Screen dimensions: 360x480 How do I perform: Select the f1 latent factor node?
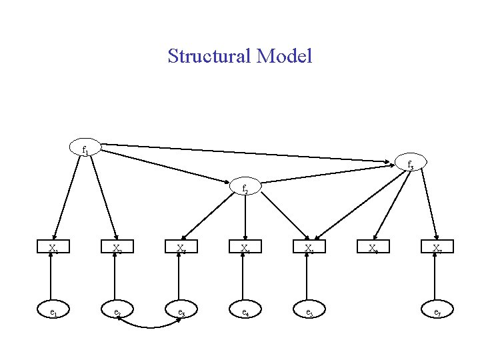[85, 149]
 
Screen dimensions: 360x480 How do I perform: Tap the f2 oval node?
[245, 188]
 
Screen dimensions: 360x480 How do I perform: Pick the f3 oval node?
[410, 164]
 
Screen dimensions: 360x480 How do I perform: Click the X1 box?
[53, 249]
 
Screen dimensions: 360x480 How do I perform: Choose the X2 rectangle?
[117, 249]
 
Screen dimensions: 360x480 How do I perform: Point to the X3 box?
[181, 249]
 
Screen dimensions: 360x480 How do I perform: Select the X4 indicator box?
[245, 249]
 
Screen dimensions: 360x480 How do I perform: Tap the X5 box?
[309, 249]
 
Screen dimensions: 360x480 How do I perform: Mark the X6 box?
[373, 249]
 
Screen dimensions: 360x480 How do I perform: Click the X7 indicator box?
[437, 249]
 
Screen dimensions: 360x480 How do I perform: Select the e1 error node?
[53, 311]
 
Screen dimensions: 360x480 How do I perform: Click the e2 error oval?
[117, 311]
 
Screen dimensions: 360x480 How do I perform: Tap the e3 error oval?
[181, 311]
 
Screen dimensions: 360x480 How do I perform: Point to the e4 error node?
[245, 311]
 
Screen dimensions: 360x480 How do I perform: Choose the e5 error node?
[309, 311]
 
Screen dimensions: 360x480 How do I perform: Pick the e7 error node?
[437, 311]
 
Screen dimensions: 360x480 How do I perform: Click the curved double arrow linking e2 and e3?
[149, 327]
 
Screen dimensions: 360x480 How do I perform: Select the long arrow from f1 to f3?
[247, 153]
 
